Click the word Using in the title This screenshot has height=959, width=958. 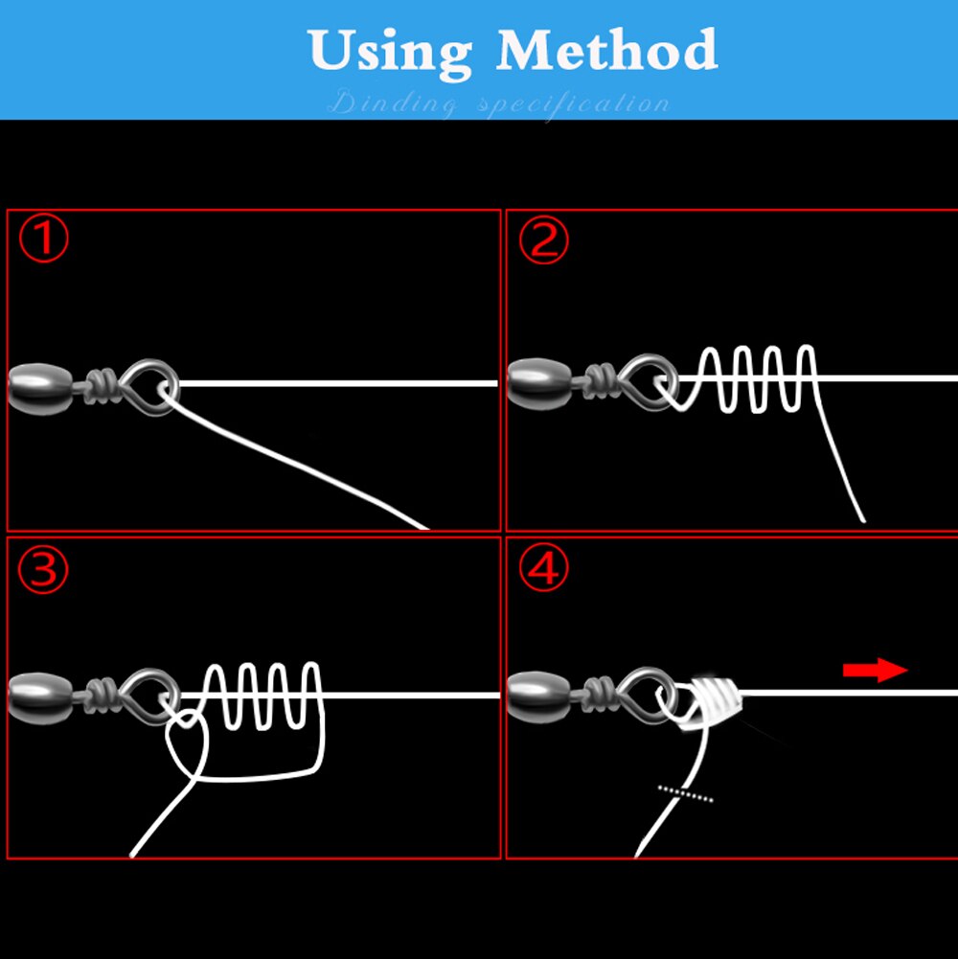pos(391,50)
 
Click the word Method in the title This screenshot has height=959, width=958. pos(606,50)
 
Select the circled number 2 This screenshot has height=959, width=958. pos(543,240)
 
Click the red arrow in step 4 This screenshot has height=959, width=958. pos(875,670)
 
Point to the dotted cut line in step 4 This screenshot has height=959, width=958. pos(686,793)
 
